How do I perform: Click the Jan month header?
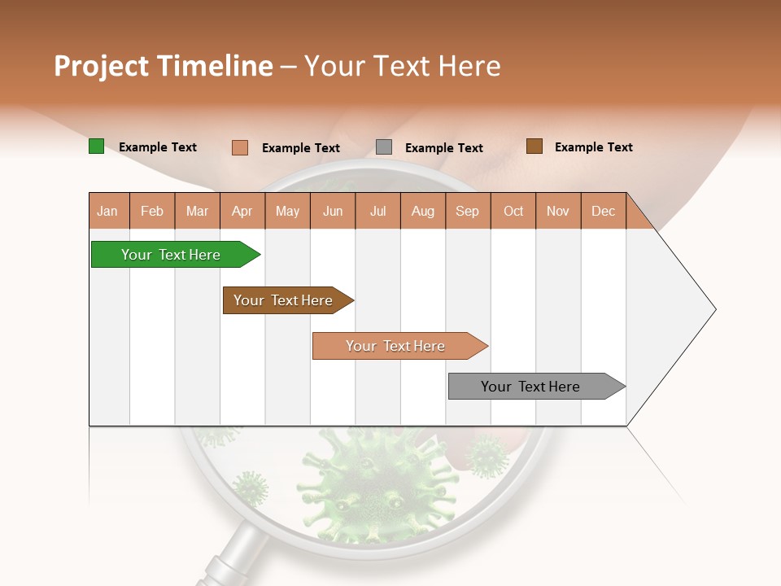[108, 211]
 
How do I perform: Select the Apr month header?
[242, 211]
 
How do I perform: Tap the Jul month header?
[377, 211]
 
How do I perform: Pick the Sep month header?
[468, 211]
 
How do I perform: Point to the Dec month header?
[603, 211]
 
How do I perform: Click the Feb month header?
[152, 211]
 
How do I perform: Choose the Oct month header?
[513, 211]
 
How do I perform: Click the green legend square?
[96, 146]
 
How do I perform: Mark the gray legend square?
[384, 147]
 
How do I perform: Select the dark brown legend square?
[534, 146]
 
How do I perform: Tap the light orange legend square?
[239, 147]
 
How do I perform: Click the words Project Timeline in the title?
[164, 66]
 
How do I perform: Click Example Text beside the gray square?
[443, 148]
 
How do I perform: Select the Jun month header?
[333, 211]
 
